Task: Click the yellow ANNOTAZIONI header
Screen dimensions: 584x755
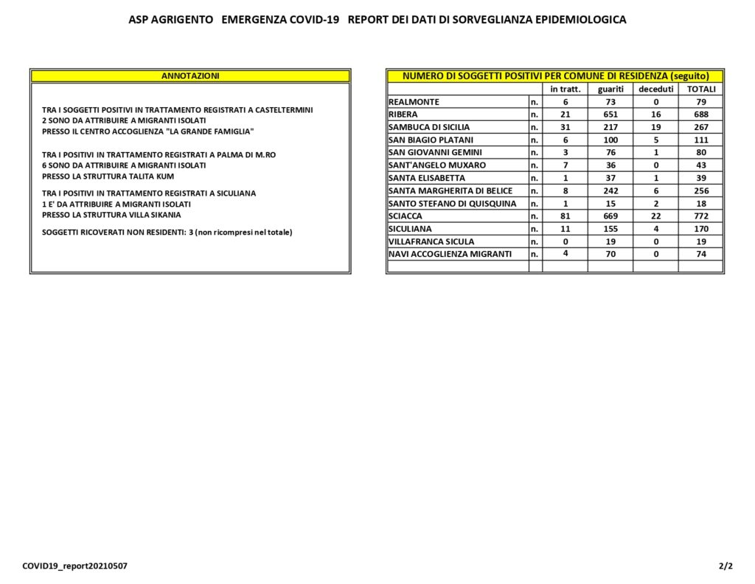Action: pos(190,76)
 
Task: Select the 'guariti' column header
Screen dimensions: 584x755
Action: pos(610,89)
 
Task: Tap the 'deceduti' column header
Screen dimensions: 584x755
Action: pos(656,89)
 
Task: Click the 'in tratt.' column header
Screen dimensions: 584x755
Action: pos(566,89)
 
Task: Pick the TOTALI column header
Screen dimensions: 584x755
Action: pos(701,89)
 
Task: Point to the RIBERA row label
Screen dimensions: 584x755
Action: pos(403,114)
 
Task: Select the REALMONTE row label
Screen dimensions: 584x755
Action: pos(414,102)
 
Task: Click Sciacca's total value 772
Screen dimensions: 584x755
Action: pos(701,216)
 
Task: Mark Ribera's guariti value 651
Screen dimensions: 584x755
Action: pos(610,114)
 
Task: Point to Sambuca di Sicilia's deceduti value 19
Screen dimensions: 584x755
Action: pos(656,127)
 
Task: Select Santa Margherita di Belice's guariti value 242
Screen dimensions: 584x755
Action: pos(610,190)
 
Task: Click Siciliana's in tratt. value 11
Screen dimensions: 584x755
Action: pos(566,229)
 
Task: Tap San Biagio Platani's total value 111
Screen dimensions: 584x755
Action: pos(701,140)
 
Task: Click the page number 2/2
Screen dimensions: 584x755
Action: pos(726,566)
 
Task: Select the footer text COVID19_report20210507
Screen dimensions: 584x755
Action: pos(69,566)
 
